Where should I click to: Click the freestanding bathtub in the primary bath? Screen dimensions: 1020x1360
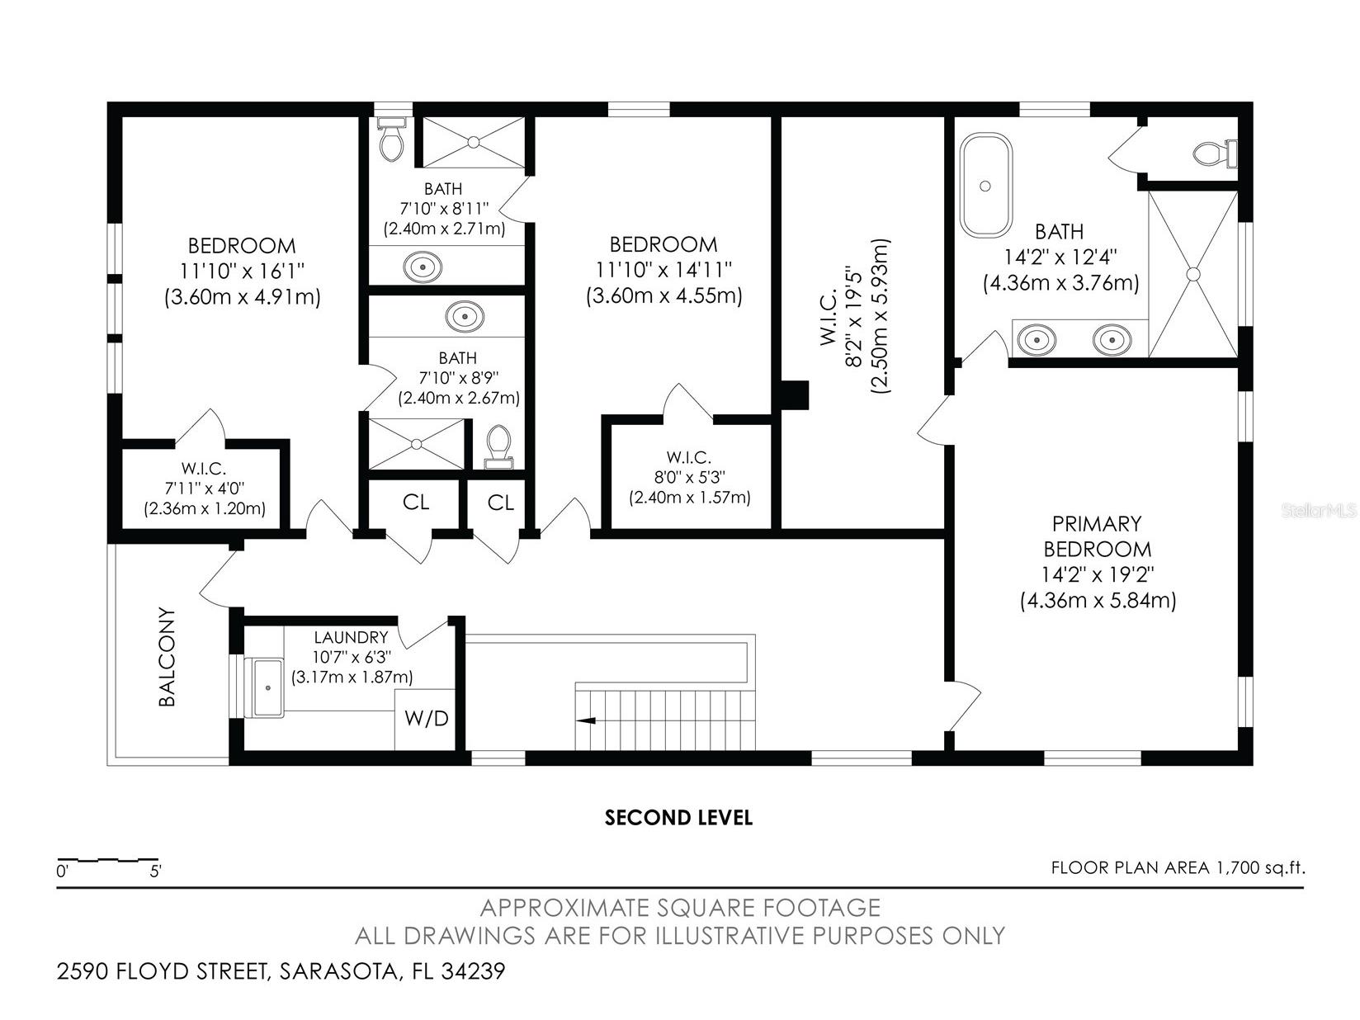pos(985,187)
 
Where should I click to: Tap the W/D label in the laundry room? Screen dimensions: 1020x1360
pos(426,719)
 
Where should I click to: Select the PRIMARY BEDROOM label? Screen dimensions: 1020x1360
pos(1097,536)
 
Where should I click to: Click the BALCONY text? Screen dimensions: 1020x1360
pos(168,658)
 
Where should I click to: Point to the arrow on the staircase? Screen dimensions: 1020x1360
pos(587,720)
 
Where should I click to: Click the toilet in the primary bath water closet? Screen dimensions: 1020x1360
pos(1216,153)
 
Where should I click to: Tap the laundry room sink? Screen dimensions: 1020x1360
pos(267,687)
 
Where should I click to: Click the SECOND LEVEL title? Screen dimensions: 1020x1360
pos(678,818)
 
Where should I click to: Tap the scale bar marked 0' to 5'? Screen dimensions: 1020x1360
pos(107,861)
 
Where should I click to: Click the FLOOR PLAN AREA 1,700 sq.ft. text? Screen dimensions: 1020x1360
pos(1178,867)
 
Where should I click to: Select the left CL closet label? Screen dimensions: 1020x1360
pos(416,502)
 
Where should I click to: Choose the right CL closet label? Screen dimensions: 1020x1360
pos(500,502)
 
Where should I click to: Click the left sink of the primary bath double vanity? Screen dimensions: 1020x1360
pos(1035,339)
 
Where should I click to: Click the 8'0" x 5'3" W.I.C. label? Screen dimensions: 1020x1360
pos(689,477)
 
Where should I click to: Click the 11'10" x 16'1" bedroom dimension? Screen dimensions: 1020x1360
pos(242,271)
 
